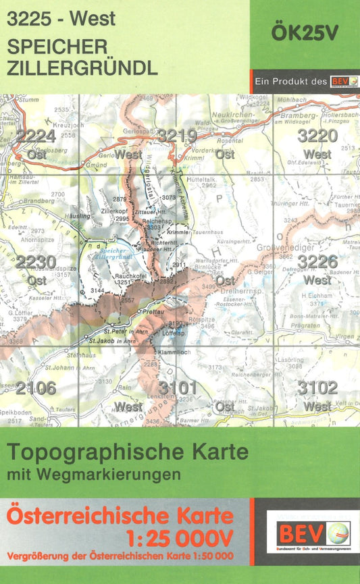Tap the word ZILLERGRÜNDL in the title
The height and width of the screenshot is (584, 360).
(x=82, y=68)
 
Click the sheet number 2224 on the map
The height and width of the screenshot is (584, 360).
(x=36, y=136)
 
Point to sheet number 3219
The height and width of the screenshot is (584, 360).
(x=177, y=136)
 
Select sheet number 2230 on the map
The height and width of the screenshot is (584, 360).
(x=36, y=262)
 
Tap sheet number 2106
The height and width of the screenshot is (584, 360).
(x=36, y=388)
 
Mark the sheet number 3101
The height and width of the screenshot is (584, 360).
(x=177, y=388)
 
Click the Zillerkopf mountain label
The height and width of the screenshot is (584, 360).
(x=114, y=211)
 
